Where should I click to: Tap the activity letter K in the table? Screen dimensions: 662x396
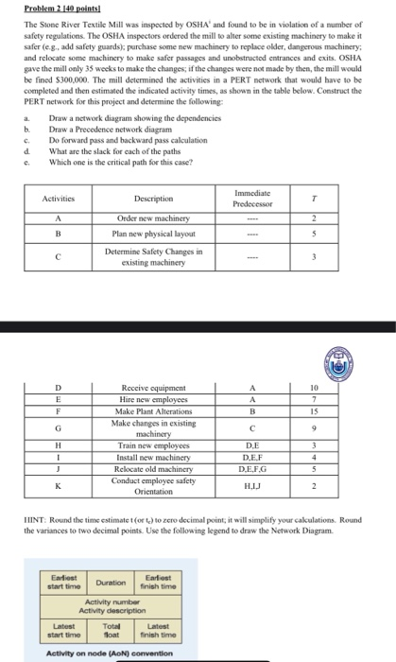59,487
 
